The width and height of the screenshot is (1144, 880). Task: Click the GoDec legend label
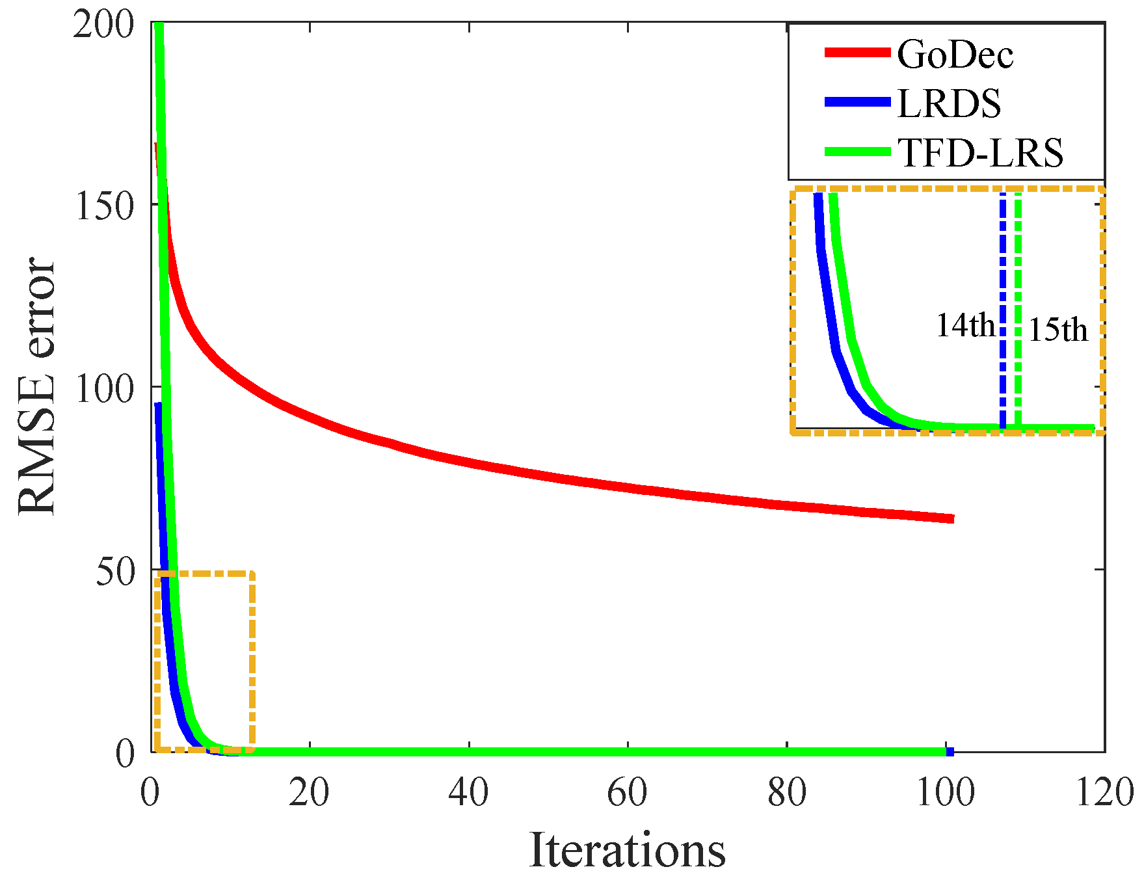pyautogui.click(x=954, y=54)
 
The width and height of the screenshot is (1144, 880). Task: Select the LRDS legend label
pyautogui.click(x=948, y=103)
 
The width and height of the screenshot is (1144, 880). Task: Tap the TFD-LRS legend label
pyautogui.click(x=979, y=153)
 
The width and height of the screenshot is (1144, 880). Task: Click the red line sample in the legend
pyautogui.click(x=857, y=53)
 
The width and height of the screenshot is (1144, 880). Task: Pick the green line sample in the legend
pyautogui.click(x=857, y=152)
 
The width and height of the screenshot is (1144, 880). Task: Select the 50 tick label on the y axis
pyautogui.click(x=115, y=572)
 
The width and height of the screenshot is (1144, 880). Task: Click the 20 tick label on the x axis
pyautogui.click(x=309, y=793)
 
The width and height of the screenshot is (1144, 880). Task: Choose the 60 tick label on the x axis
pyautogui.click(x=627, y=793)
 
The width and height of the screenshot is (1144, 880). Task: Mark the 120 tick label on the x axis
pyautogui.click(x=1104, y=793)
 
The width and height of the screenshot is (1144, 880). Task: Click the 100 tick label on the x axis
pyautogui.click(x=945, y=793)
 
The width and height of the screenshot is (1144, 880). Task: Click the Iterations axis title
pyautogui.click(x=627, y=850)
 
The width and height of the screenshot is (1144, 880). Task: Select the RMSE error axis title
pyautogui.click(x=37, y=386)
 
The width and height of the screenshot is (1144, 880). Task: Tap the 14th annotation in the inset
pyautogui.click(x=964, y=325)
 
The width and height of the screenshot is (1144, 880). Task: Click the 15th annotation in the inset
pyautogui.click(x=1058, y=329)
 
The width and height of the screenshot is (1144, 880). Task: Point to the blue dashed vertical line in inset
pyautogui.click(x=1003, y=273)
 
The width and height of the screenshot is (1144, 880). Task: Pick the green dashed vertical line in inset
pyautogui.click(x=1018, y=273)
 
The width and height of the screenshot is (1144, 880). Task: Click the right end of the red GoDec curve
pyautogui.click(x=951, y=518)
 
